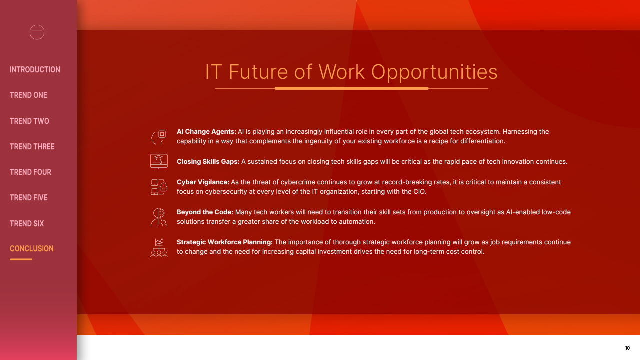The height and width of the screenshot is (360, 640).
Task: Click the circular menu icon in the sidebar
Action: [x=37, y=32]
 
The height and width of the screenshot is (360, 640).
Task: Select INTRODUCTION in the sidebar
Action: [x=35, y=69]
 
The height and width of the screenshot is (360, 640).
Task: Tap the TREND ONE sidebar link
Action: [x=28, y=95]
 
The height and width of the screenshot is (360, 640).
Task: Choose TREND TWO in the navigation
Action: [x=29, y=121]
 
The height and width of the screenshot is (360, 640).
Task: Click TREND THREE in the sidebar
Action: [x=32, y=147]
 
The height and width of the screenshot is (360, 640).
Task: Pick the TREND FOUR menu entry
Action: [x=30, y=172]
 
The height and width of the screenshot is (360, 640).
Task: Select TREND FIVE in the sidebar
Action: [x=29, y=197]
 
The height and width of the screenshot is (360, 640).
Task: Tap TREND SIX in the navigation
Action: [x=27, y=223]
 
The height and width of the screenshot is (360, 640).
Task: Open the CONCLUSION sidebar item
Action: [x=31, y=249]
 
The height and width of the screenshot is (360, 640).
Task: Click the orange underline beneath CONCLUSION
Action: [x=21, y=259]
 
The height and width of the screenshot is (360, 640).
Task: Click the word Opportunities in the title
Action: [x=434, y=72]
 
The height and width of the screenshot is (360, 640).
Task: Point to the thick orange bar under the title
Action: [x=351, y=88]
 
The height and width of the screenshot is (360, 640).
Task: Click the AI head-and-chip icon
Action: [x=159, y=137]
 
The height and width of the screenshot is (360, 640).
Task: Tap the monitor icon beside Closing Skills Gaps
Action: [x=159, y=161]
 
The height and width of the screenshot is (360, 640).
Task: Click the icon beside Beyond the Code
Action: [x=159, y=217]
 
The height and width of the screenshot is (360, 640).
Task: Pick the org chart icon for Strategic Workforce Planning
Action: [x=159, y=247]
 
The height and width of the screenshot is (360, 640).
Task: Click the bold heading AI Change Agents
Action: [x=206, y=131]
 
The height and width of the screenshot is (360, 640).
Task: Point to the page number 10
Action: [x=627, y=348]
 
